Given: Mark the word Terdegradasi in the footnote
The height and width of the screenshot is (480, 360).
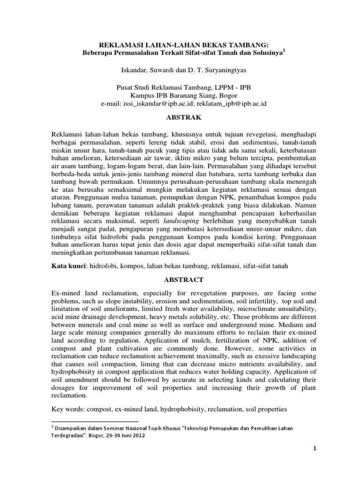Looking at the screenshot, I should click(68, 435).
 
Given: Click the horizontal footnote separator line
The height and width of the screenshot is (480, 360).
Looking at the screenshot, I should click(92, 421).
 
